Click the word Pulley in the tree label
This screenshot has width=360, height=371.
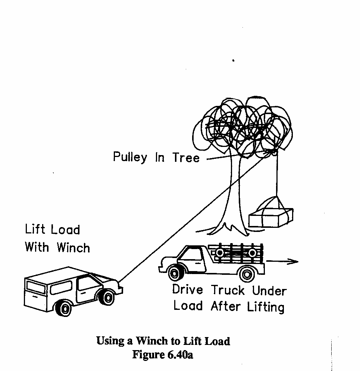(x=130, y=157)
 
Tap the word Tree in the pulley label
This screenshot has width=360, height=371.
(x=186, y=158)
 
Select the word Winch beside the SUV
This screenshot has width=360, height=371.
(x=73, y=247)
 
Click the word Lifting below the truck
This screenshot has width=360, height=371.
(x=266, y=306)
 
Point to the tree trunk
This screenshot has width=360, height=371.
(x=233, y=194)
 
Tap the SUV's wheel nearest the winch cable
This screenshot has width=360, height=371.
(x=108, y=297)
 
